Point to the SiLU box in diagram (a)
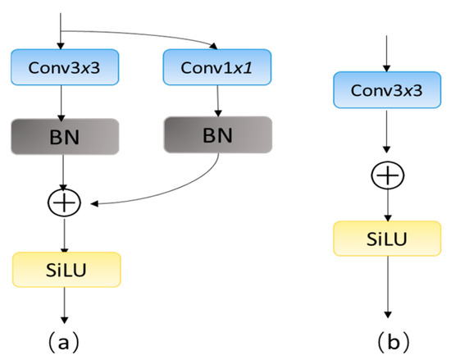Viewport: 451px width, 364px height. tap(66, 269)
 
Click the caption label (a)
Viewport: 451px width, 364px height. tap(66, 338)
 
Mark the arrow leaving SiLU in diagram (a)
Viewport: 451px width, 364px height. tap(66, 303)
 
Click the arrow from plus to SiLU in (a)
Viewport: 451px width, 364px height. tap(66, 234)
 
